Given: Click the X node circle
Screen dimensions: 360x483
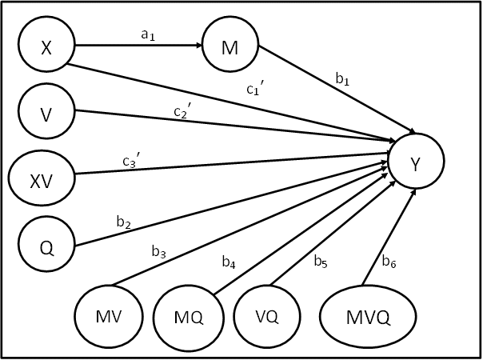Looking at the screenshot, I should (46, 46).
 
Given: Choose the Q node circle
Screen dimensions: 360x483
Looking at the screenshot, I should (46, 243).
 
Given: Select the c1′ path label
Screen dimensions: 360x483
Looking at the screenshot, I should (256, 90).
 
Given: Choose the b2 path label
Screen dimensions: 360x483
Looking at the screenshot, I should (123, 223).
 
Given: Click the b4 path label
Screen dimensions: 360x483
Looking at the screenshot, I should (229, 261).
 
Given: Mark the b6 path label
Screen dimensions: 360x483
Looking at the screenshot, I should (389, 261).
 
